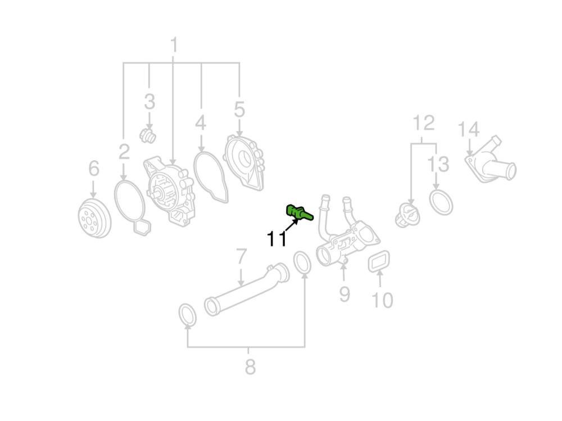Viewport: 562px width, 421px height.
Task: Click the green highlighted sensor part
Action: coord(299,212)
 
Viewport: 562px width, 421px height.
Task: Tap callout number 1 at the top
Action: coord(174,45)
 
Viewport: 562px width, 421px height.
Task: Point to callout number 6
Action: coord(94,168)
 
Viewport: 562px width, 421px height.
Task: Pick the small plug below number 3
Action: coord(147,135)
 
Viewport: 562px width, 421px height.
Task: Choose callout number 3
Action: coord(149,102)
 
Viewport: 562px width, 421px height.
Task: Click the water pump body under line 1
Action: coord(170,191)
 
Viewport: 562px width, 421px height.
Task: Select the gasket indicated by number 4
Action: coord(211,176)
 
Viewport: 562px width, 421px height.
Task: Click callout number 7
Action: coord(242,256)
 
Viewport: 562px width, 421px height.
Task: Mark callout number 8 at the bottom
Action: coord(250,366)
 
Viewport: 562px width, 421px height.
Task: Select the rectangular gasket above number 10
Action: coord(379,260)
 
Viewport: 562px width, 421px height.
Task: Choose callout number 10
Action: coord(382,300)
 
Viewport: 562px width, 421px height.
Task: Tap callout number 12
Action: coord(424,123)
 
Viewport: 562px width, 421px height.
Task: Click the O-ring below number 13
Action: coord(441,202)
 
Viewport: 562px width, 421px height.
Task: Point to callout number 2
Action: coord(124,151)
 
